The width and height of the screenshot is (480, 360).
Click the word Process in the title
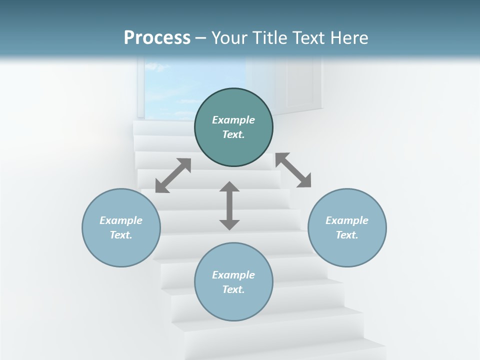(x=157, y=38)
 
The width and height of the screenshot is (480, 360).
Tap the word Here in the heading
(x=349, y=38)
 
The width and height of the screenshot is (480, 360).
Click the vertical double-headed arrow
(x=229, y=206)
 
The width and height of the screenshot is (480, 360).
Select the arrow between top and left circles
(x=173, y=175)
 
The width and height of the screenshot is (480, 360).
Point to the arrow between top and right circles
(x=293, y=170)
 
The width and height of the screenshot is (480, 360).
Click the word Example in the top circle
(x=233, y=120)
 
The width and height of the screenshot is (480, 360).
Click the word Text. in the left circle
(x=121, y=235)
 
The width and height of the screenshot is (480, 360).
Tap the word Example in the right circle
(x=347, y=220)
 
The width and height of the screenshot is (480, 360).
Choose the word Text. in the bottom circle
(x=233, y=289)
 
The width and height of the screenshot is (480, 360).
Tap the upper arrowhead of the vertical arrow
(x=229, y=187)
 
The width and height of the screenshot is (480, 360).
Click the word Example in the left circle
(x=121, y=220)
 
